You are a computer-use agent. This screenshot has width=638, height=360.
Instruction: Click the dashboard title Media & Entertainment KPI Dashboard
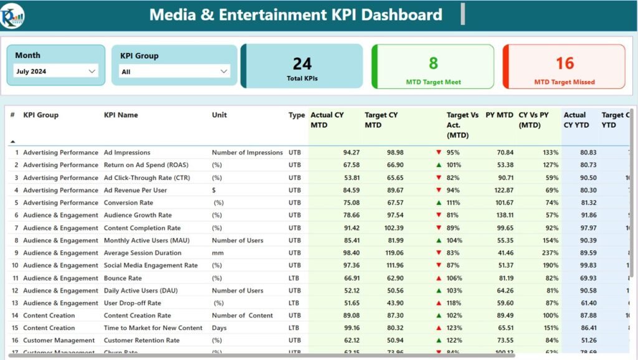295,15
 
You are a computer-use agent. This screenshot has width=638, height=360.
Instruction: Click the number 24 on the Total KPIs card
302,63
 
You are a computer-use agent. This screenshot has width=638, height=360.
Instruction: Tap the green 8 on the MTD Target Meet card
433,62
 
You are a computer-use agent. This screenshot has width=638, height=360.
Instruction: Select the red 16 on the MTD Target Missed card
564,63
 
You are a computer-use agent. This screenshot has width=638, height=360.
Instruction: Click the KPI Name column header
121,115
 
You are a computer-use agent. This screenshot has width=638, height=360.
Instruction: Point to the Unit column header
219,115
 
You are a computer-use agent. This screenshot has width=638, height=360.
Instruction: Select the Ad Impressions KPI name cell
127,153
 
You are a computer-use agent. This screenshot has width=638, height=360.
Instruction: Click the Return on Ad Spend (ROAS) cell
146,165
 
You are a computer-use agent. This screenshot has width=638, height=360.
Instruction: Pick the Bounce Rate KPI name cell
123,278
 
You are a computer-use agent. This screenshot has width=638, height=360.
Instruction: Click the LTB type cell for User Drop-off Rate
295,303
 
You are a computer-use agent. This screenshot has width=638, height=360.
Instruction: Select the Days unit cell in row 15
219,328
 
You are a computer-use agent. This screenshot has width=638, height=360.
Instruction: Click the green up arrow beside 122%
439,341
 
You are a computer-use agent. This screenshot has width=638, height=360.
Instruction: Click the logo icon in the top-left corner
12,15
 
